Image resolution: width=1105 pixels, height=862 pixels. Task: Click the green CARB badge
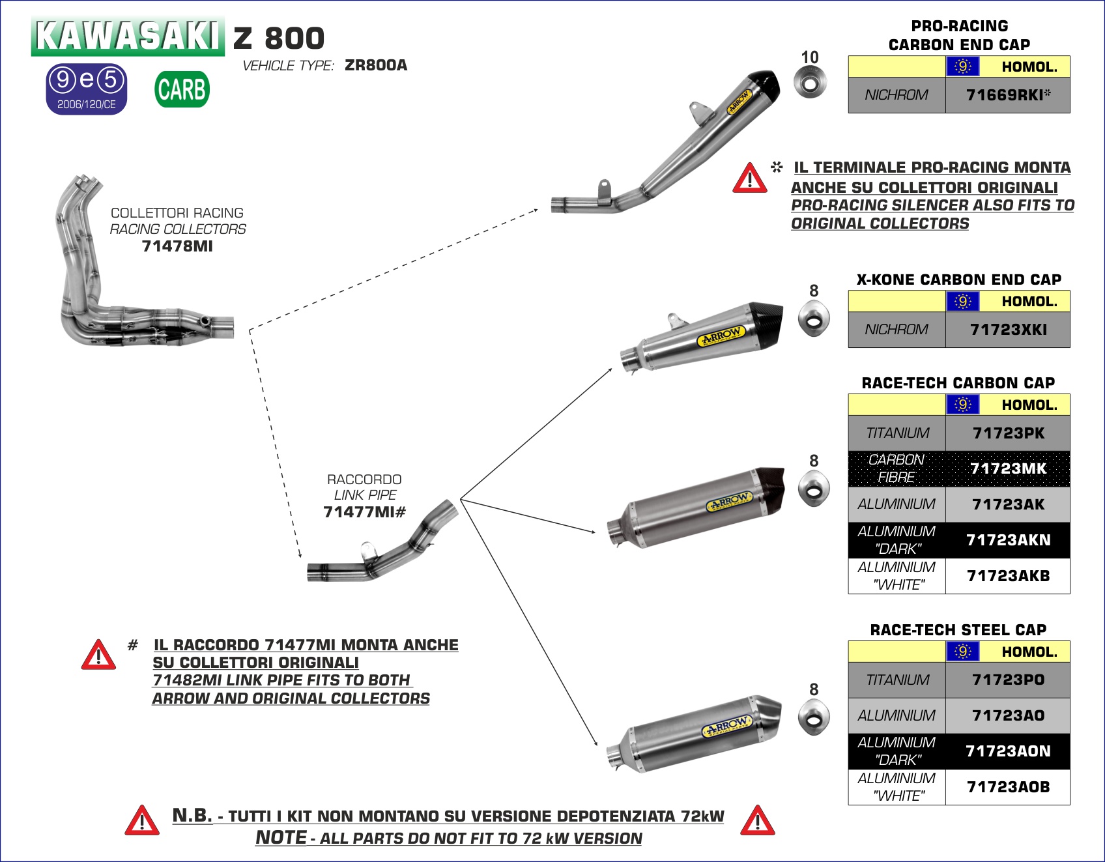pyautogui.click(x=182, y=89)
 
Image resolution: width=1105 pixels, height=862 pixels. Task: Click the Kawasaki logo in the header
pyautogui.click(x=127, y=36)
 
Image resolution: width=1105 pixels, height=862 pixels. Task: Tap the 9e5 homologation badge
pyautogui.click(x=87, y=89)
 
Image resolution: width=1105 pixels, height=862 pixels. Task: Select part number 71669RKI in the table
pyautogui.click(x=1007, y=95)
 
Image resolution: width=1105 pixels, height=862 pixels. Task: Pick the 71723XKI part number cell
pyautogui.click(x=1007, y=330)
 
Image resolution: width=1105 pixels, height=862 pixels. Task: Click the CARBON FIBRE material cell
pyautogui.click(x=897, y=468)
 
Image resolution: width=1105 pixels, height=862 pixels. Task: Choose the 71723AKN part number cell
pyautogui.click(x=1007, y=540)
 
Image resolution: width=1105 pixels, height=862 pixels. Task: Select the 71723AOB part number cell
pyautogui.click(x=1007, y=787)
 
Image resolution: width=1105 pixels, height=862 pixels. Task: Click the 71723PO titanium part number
pyautogui.click(x=1007, y=680)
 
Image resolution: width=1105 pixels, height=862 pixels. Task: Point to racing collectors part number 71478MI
pyautogui.click(x=177, y=246)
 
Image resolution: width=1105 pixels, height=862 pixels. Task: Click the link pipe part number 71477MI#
pyautogui.click(x=364, y=512)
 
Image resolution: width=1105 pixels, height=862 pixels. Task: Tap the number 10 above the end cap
pyautogui.click(x=810, y=58)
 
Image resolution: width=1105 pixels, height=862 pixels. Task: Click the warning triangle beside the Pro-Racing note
pyautogui.click(x=749, y=179)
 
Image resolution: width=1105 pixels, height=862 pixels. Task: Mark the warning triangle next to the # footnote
pyautogui.click(x=98, y=655)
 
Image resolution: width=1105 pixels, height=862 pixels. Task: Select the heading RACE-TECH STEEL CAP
pyautogui.click(x=958, y=630)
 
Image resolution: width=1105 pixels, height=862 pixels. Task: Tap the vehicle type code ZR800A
pyautogui.click(x=376, y=65)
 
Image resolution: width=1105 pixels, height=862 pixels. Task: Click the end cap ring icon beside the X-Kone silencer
pyautogui.click(x=814, y=319)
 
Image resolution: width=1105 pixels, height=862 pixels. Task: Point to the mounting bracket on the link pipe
pyautogui.click(x=369, y=550)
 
